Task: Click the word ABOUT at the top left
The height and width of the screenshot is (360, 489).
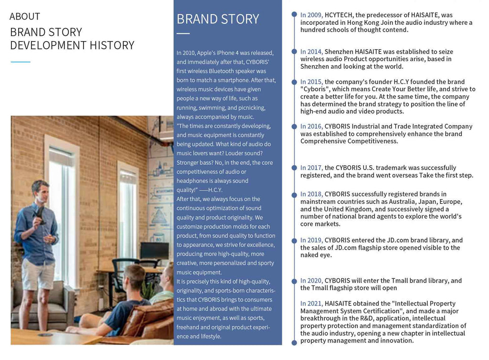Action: (x=25, y=16)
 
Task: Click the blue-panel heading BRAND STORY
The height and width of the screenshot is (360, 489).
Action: (x=218, y=19)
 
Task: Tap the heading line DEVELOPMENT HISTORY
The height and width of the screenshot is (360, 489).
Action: (x=72, y=45)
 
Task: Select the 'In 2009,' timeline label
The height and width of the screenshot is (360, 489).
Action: (x=311, y=15)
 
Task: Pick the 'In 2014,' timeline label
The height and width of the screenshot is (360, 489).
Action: (x=311, y=52)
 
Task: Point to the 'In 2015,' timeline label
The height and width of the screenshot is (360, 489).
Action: (x=311, y=82)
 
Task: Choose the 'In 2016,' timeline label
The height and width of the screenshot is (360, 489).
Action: (x=311, y=127)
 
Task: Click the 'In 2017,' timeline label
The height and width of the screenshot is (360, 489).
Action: (x=311, y=168)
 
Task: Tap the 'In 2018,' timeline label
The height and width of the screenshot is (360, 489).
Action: (x=311, y=194)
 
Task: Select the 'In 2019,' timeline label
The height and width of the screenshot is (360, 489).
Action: (x=311, y=240)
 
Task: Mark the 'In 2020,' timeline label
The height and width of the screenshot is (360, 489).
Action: (x=311, y=281)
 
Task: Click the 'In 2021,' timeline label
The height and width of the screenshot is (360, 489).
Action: (x=311, y=303)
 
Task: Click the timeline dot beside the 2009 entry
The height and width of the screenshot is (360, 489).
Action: (x=294, y=15)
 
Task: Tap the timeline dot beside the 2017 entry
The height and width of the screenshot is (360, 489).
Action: (x=294, y=168)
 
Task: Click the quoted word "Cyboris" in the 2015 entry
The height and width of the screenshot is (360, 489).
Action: (x=318, y=89)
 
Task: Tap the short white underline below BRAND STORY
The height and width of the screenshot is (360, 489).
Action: (x=183, y=33)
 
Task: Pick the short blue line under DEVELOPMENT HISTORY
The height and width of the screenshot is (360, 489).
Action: (x=20, y=62)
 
